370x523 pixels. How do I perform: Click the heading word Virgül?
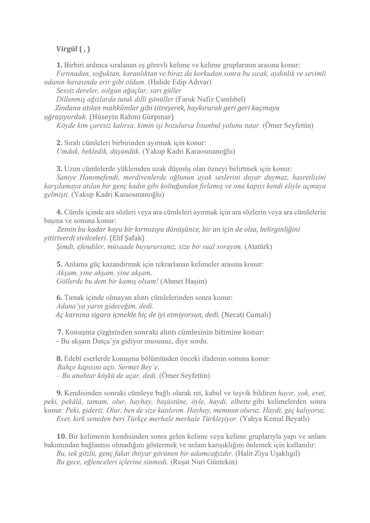point(67,49)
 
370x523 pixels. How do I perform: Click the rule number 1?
point(59,65)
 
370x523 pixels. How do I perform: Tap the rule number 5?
point(59,264)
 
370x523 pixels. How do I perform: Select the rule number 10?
point(61,436)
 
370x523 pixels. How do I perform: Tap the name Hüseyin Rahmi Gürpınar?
point(131,117)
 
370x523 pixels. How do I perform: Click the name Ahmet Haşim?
point(184,281)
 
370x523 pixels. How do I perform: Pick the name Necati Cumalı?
point(246,314)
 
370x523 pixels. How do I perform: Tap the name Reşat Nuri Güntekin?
point(203,462)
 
